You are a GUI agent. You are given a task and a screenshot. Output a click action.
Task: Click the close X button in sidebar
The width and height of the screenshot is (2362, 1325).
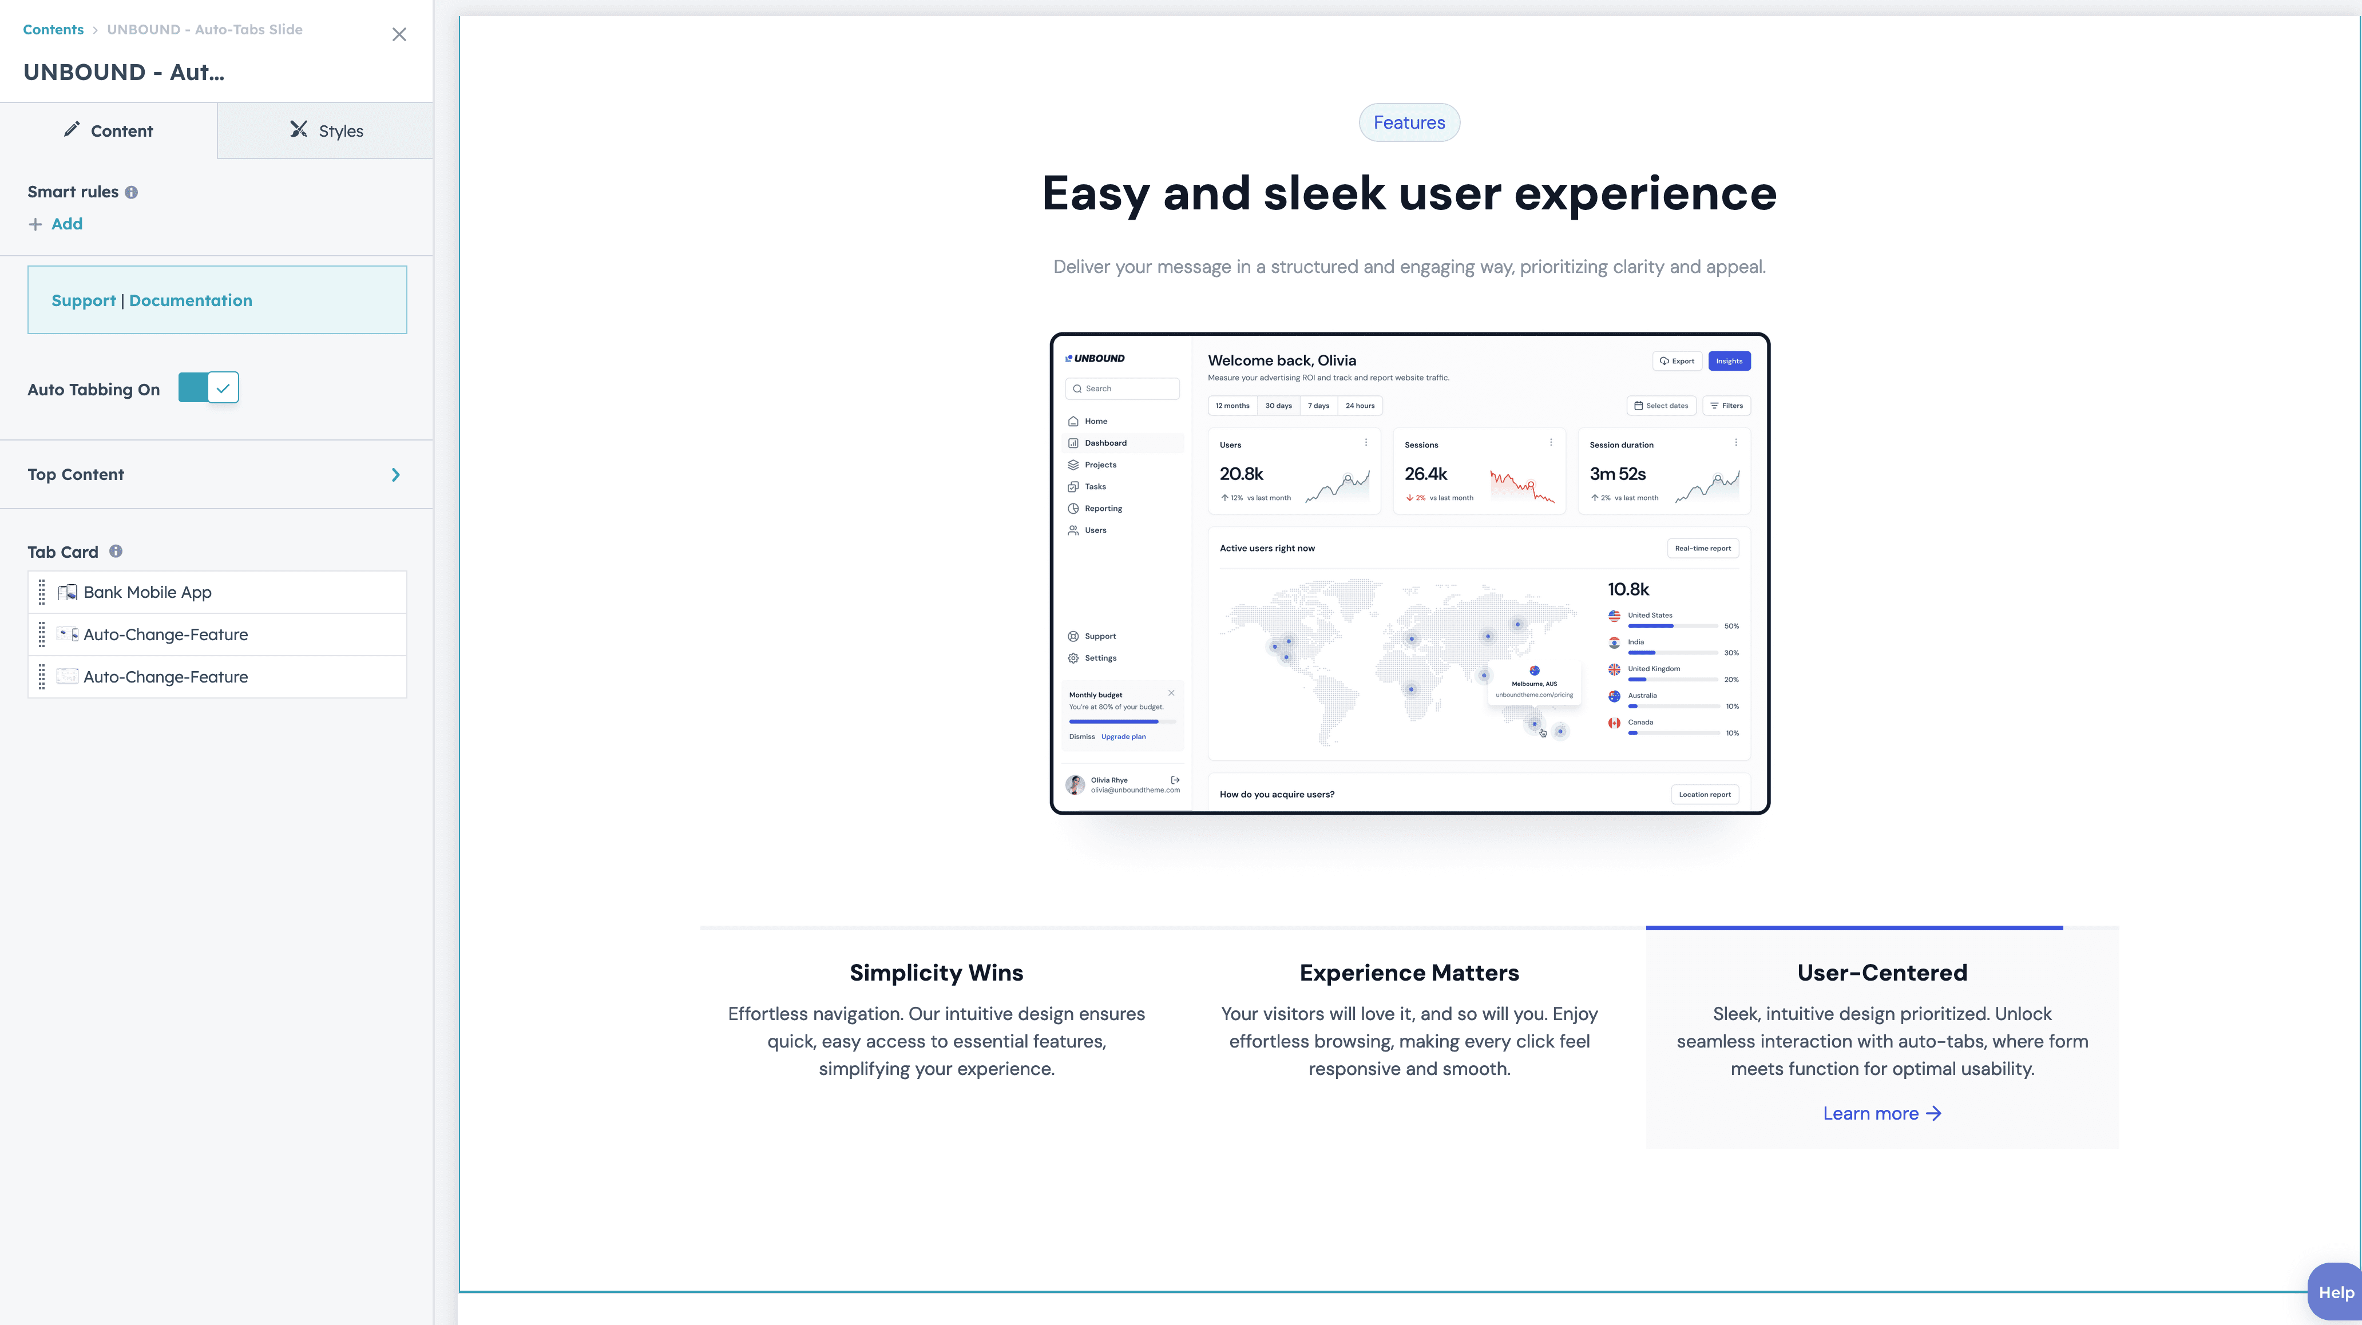[x=399, y=35]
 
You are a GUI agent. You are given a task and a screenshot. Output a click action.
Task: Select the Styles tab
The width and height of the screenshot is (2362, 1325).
[x=326, y=131]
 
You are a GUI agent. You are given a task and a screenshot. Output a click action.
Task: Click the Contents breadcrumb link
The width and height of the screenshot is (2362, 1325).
[x=53, y=29]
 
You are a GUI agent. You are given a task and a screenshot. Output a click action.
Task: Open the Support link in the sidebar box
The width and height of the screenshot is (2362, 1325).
[x=84, y=301]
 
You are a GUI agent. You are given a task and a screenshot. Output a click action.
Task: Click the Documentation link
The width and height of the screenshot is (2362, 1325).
[x=191, y=301]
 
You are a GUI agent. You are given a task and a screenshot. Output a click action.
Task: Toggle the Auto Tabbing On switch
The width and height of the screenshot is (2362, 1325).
[x=208, y=388]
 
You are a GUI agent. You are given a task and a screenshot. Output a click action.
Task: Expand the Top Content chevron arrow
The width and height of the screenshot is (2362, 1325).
[x=395, y=475]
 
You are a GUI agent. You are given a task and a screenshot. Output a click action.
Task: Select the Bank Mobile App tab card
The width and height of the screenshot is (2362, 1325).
[x=148, y=592]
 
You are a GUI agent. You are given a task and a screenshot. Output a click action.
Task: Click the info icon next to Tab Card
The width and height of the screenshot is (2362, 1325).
[x=116, y=551]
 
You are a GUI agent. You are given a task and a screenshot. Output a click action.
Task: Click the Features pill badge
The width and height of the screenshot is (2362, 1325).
[x=1408, y=123]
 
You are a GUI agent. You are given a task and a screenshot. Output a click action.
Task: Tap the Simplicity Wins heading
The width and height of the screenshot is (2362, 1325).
[x=936, y=973]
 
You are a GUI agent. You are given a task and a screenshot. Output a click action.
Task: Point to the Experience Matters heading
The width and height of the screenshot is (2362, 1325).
[x=1408, y=973]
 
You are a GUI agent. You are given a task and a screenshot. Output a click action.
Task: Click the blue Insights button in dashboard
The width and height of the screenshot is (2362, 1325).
[x=1729, y=361]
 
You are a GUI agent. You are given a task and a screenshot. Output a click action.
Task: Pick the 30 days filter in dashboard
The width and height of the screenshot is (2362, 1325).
[x=1278, y=405]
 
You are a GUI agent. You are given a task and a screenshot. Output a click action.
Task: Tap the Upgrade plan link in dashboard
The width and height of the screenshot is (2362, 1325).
[x=1123, y=736]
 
